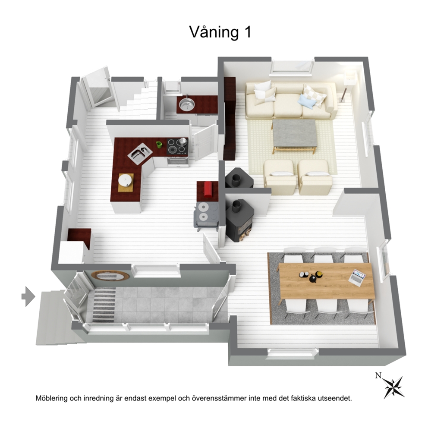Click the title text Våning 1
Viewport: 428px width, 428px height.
point(220,32)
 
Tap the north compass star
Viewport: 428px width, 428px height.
point(393,387)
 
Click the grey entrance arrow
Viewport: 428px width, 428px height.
point(28,296)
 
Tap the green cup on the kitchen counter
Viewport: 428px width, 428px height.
point(159,145)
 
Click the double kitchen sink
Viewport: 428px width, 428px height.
point(140,153)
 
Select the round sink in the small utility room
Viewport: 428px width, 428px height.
point(187,104)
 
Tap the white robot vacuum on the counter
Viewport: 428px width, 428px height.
point(125,180)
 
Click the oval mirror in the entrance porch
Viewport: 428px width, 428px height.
point(110,276)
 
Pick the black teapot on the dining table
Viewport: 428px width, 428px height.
point(313,278)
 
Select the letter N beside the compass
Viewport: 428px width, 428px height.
point(378,376)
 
